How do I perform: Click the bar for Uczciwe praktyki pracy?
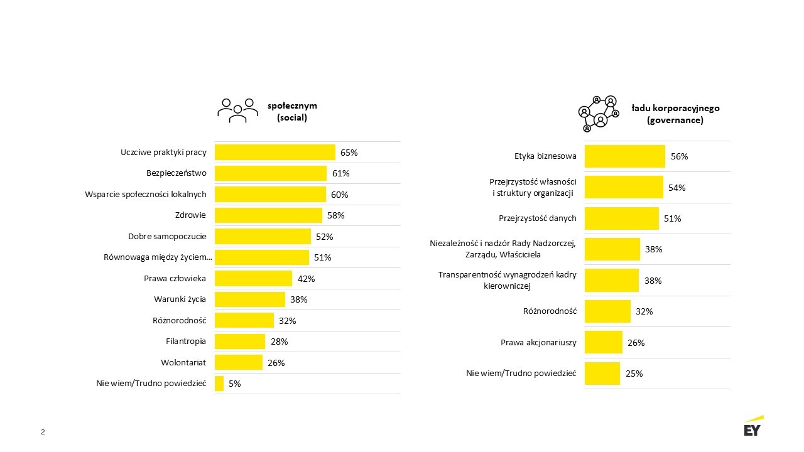point(275,153)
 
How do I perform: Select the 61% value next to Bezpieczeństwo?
point(341,173)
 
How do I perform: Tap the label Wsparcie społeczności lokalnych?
point(146,194)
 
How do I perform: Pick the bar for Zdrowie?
point(268,215)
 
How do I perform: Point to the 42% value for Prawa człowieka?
point(306,279)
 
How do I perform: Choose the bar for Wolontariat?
point(239,362)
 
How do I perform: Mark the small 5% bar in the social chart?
point(219,384)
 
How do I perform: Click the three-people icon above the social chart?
point(237,110)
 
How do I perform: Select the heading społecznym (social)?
point(292,111)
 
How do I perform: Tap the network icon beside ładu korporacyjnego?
point(599,114)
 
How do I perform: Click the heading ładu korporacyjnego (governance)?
point(675,114)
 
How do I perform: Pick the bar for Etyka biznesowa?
point(624,156)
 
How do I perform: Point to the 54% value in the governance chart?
point(677,188)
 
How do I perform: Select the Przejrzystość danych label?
point(537,218)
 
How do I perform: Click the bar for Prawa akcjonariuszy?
point(604,342)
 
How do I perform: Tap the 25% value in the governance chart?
point(634,374)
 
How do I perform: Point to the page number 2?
point(43,432)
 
